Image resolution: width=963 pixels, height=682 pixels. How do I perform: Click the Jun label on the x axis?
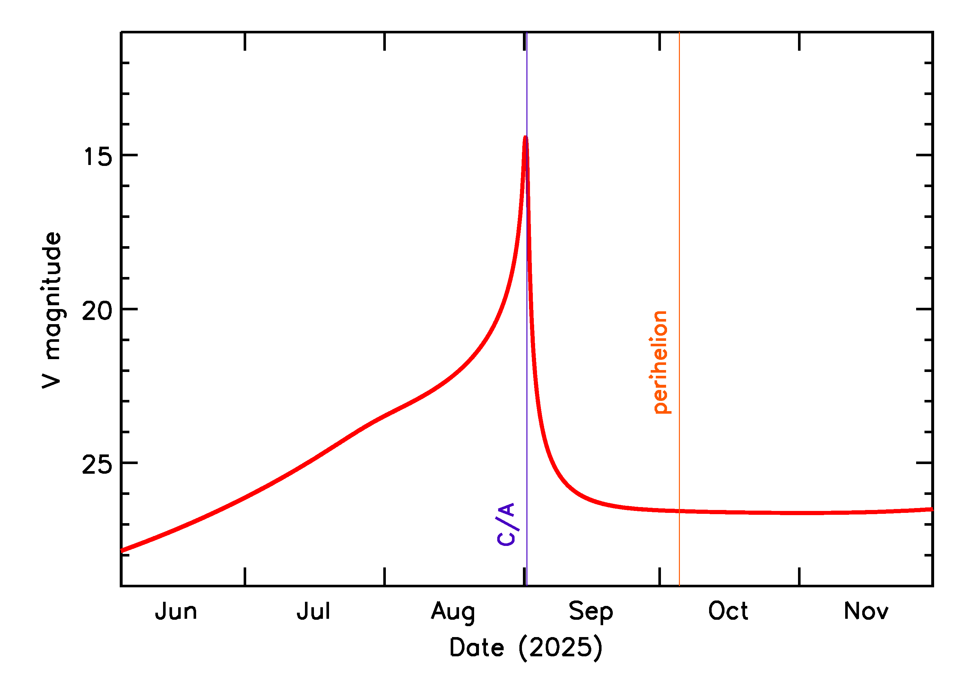click(x=176, y=612)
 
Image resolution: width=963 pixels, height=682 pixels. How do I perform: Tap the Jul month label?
click(x=313, y=612)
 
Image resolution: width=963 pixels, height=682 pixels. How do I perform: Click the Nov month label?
click(x=866, y=612)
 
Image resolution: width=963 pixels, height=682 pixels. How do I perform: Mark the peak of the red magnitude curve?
click(x=525, y=137)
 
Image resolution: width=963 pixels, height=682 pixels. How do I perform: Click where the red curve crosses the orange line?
click(x=679, y=511)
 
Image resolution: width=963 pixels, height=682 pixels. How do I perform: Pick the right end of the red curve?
click(x=932, y=509)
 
